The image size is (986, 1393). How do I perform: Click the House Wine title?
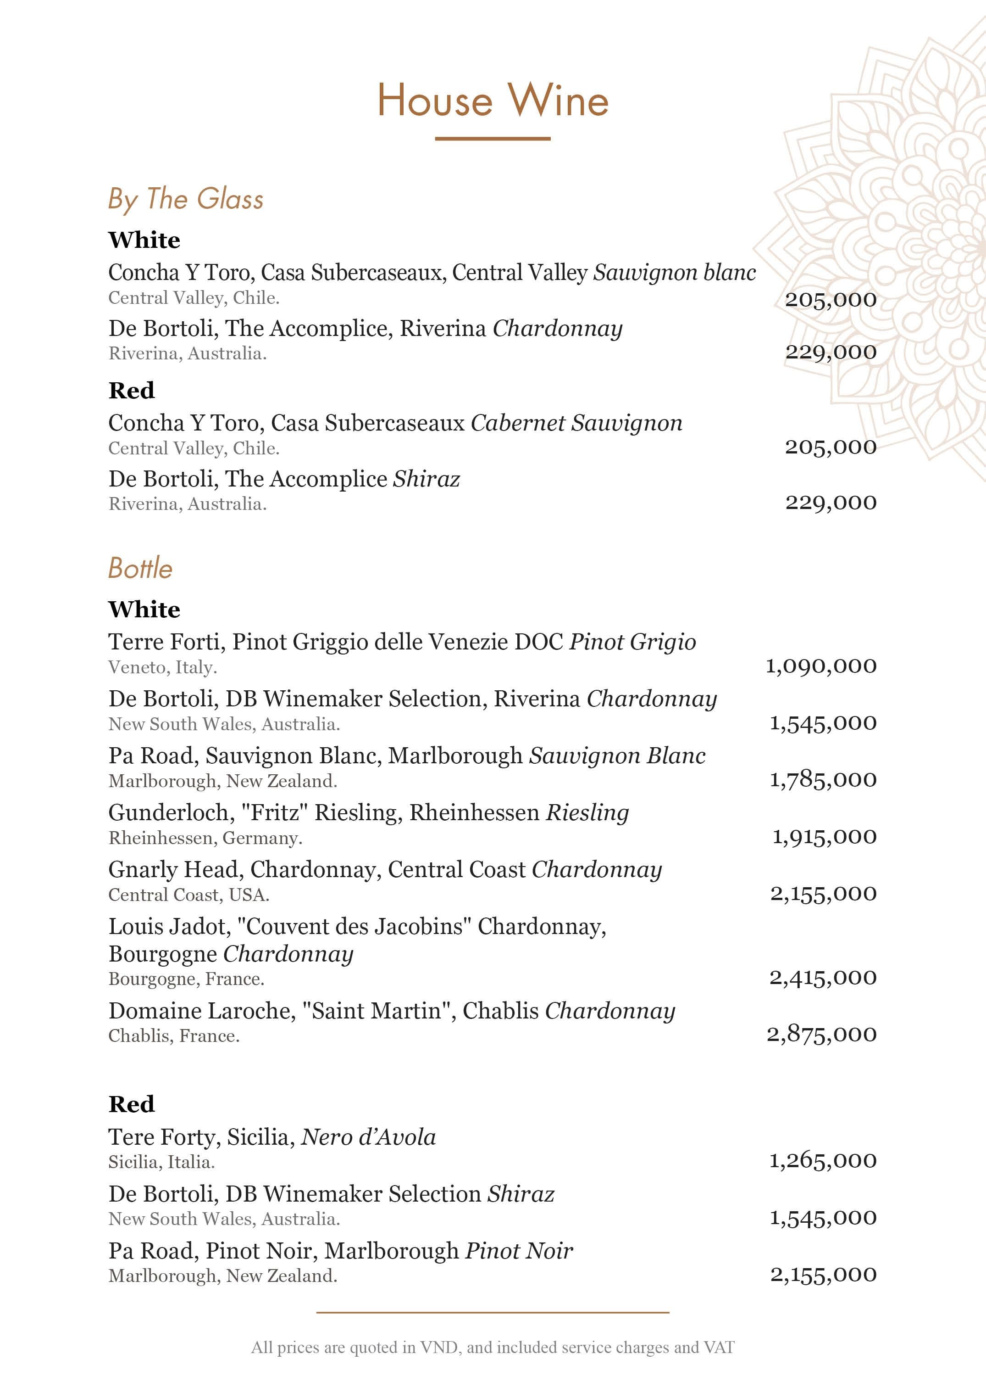(x=493, y=100)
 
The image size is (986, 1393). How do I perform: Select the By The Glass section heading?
(x=186, y=199)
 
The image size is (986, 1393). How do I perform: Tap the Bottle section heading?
(x=140, y=569)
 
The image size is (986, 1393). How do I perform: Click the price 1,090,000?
(x=821, y=666)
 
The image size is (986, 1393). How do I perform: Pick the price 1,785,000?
(x=823, y=779)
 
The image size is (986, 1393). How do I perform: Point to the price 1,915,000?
(x=824, y=837)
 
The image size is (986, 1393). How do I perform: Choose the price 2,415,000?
(x=823, y=978)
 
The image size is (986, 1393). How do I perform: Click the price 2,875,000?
(x=821, y=1034)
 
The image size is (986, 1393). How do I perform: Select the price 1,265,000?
(x=823, y=1160)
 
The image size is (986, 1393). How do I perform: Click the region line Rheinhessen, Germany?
(x=205, y=839)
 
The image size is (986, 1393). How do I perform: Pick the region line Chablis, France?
(x=174, y=1036)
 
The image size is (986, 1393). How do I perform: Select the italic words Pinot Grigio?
(x=632, y=642)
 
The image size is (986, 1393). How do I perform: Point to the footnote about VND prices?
(x=493, y=1348)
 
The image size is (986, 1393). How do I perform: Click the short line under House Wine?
(x=493, y=139)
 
